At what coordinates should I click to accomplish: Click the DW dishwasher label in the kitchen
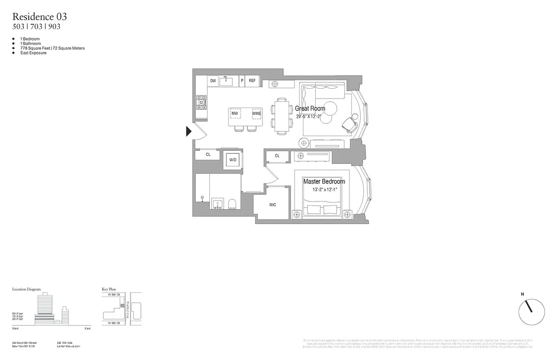click(213, 81)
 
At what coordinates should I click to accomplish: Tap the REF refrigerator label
click(252, 81)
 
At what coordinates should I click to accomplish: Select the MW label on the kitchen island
click(235, 113)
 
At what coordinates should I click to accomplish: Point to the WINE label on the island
click(256, 113)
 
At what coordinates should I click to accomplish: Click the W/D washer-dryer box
click(233, 160)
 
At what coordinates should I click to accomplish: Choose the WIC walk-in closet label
click(272, 205)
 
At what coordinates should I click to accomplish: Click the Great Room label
click(310, 108)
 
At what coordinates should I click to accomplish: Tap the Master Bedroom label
click(324, 181)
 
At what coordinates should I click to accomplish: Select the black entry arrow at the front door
click(189, 131)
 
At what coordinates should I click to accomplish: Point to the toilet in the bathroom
click(233, 204)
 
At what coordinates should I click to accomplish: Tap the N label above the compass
click(522, 294)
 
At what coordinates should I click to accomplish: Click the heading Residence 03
click(40, 17)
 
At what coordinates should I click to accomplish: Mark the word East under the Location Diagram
click(87, 329)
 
